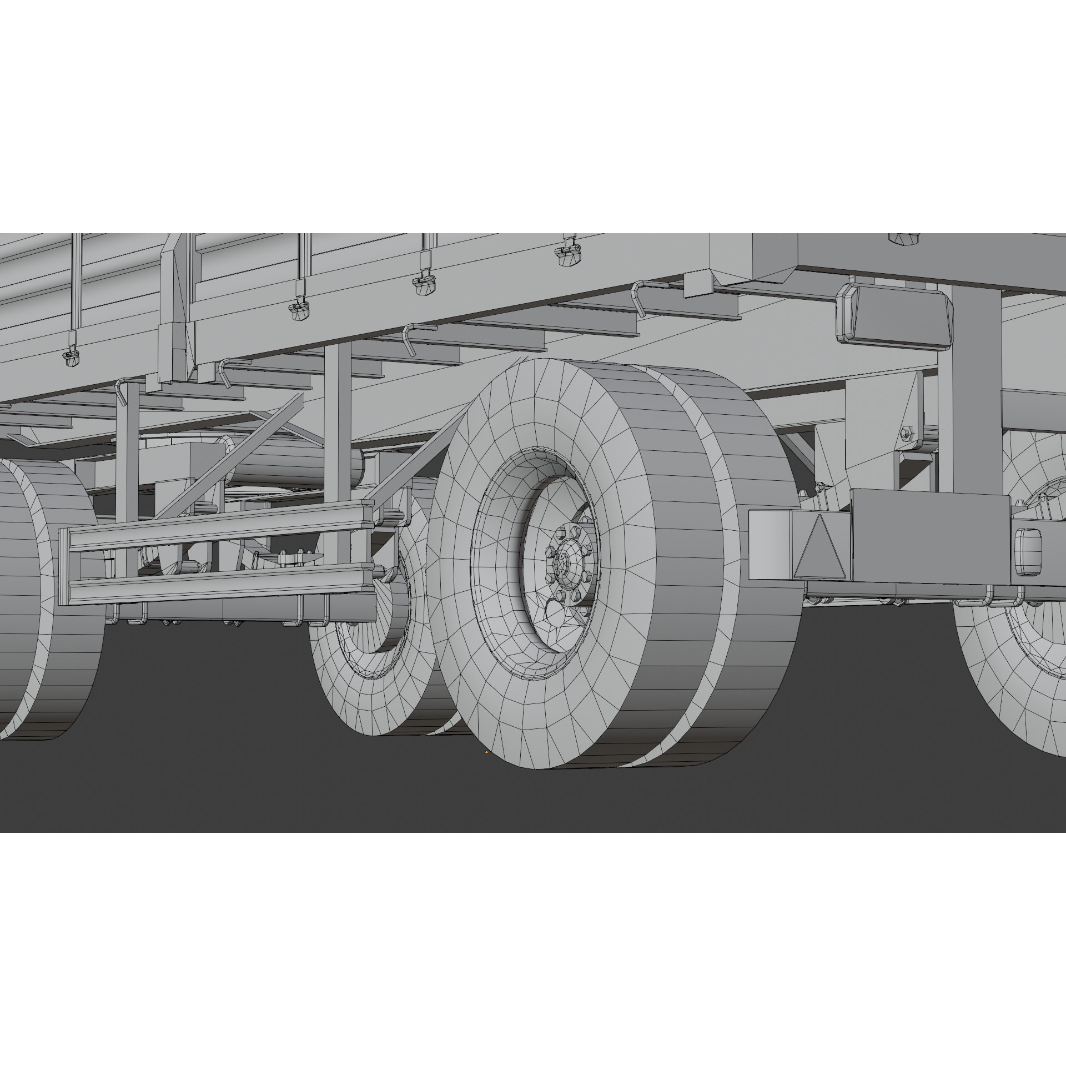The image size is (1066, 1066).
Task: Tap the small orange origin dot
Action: pyautogui.click(x=486, y=752)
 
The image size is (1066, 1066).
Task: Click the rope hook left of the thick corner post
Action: pyautogui.click(x=120, y=393)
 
